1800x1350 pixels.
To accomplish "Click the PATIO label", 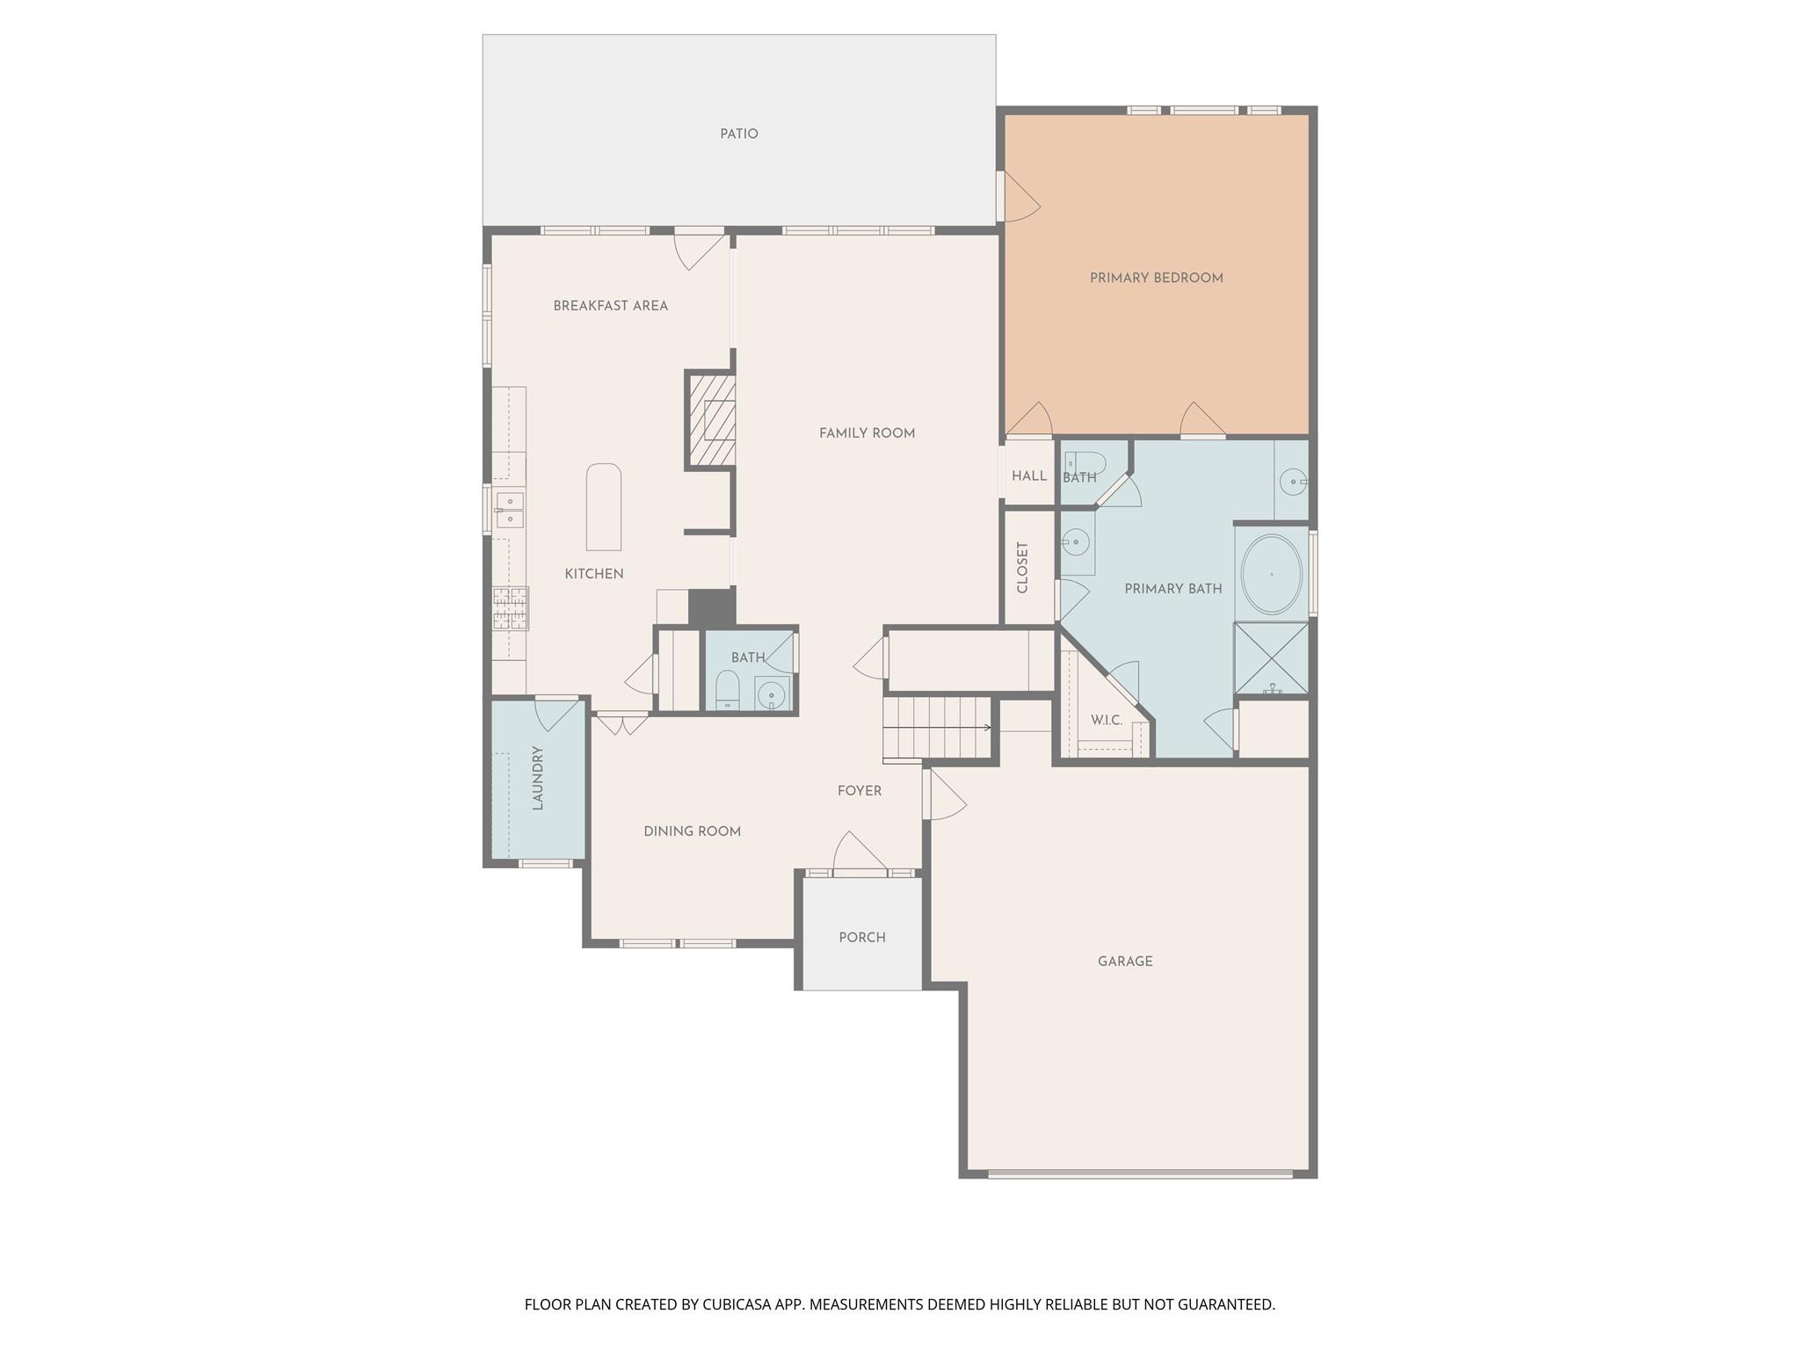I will (x=738, y=134).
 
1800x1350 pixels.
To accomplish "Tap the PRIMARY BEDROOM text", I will (x=1156, y=278).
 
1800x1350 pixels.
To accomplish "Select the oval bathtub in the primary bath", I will (x=1271, y=574).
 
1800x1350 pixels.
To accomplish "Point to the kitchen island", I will (x=604, y=507).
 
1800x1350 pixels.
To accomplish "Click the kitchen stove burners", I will (x=511, y=608).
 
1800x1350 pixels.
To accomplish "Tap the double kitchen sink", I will (x=510, y=510).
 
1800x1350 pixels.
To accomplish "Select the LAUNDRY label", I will (x=538, y=778).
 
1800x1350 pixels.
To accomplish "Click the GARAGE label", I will (x=1124, y=962).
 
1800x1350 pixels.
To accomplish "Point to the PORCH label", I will (x=861, y=938).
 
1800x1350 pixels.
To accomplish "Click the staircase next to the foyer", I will (x=936, y=726).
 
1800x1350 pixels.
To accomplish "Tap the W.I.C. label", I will (x=1107, y=721).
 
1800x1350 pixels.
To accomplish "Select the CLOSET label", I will (x=1023, y=568).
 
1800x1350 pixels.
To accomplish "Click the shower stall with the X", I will (x=1271, y=657).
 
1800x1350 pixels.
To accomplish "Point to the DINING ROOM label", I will (x=692, y=831).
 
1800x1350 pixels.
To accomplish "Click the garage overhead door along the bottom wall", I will (x=1140, y=1173).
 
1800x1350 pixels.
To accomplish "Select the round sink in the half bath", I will (x=771, y=696).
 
